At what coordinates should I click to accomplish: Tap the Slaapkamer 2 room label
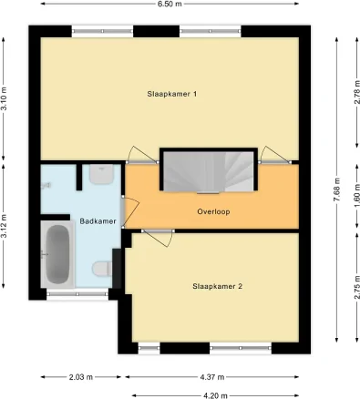(x=216, y=287)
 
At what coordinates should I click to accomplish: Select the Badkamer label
(x=96, y=220)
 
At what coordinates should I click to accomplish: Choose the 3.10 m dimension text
(x=5, y=98)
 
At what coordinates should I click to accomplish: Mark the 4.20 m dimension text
(x=214, y=394)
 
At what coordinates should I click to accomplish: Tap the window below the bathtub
(x=71, y=294)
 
